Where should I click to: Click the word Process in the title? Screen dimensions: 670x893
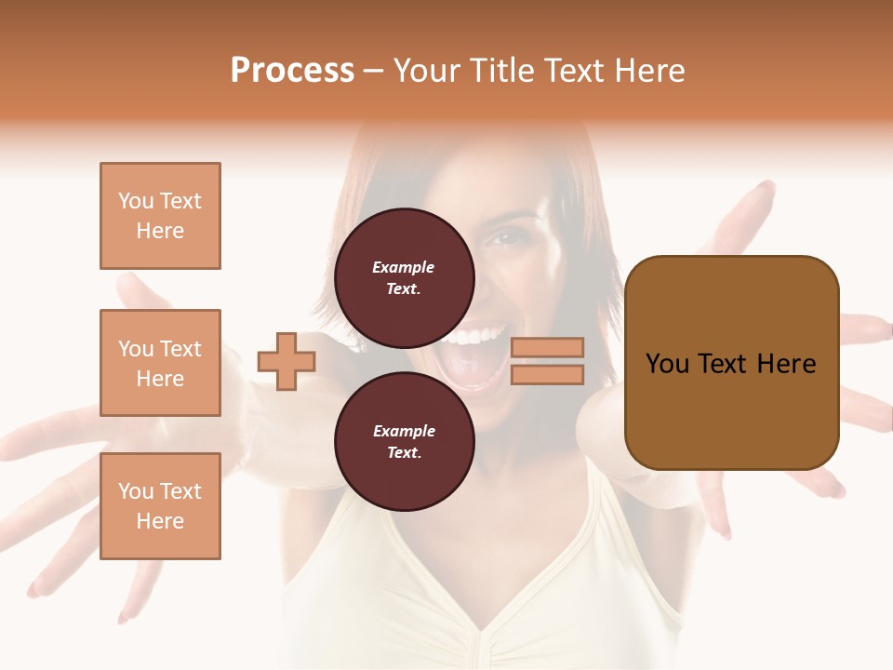tap(292, 71)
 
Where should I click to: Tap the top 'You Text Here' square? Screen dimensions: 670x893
tap(160, 216)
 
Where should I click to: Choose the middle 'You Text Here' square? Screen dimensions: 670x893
tap(160, 363)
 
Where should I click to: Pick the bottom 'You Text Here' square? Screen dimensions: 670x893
tap(160, 506)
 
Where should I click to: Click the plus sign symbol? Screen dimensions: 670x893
tap(287, 361)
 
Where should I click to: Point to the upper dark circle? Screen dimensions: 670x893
tap(404, 277)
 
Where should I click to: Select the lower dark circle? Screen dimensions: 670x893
tap(404, 441)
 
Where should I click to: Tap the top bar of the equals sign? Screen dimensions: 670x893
tap(548, 347)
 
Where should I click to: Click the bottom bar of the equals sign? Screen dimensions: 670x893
tap(548, 374)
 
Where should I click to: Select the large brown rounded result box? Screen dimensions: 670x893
tap(731, 363)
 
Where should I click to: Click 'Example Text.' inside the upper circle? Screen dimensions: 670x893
tap(404, 277)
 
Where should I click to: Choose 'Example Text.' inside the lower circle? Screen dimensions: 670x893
tap(404, 441)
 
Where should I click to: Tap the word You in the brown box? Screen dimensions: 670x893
tap(668, 363)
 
